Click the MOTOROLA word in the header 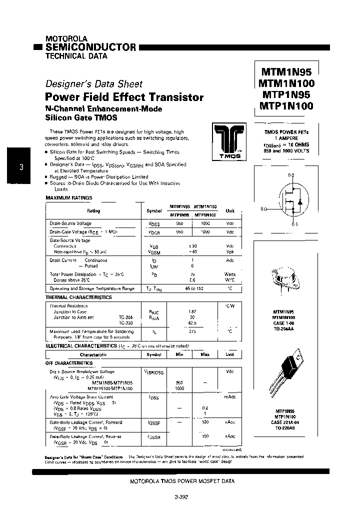(66, 38)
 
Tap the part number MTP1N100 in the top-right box (286, 105)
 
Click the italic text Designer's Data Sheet (94, 84)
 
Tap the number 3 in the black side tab (21, 167)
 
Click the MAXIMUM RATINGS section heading (66, 198)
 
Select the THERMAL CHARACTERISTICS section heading (78, 297)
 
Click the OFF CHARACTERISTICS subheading (69, 363)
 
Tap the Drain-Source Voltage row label (70, 224)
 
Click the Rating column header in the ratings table (93, 211)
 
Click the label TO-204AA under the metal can (283, 329)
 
